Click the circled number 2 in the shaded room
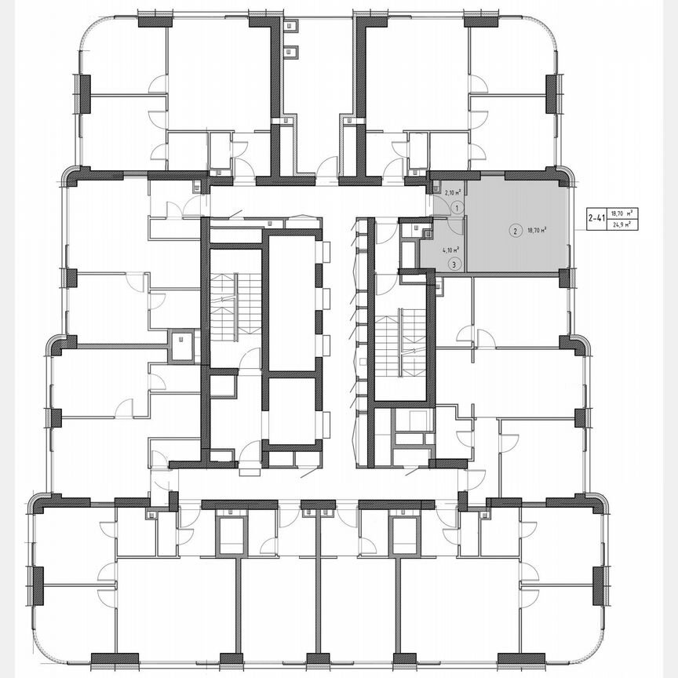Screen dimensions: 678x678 coord(514,231)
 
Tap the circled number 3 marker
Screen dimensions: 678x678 coord(454,264)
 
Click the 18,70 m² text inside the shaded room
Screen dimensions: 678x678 coord(538,231)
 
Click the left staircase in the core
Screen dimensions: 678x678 coord(233,308)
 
